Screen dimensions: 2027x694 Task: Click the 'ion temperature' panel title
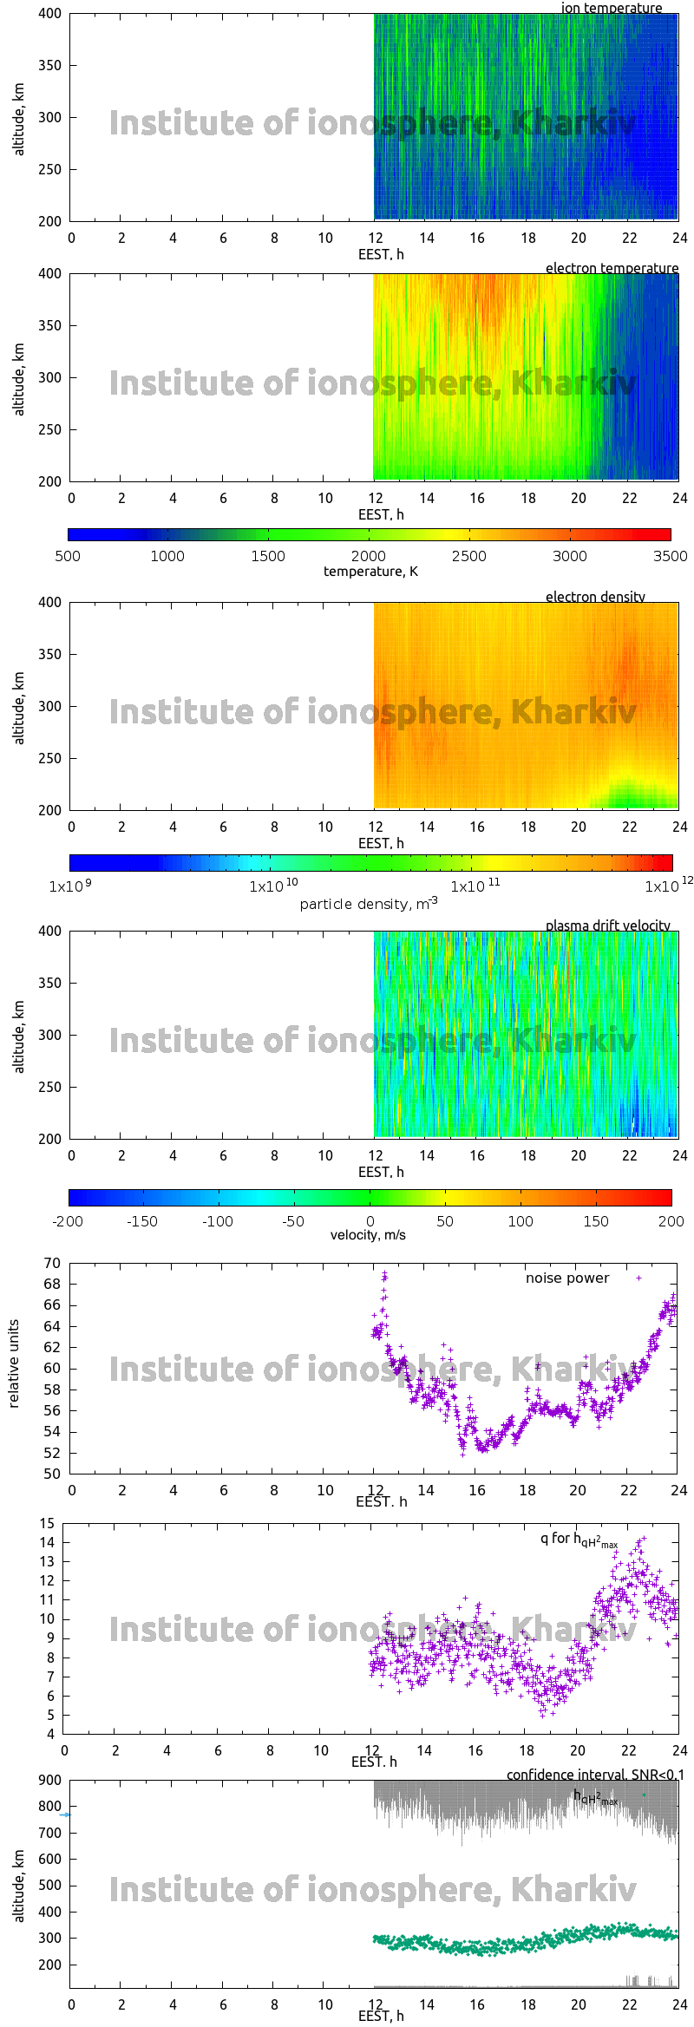(611, 8)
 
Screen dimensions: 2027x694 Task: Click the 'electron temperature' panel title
(612, 268)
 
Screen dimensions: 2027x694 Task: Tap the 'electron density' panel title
(595, 597)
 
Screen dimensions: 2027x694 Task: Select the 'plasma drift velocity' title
(607, 925)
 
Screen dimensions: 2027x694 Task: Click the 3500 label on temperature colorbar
(670, 556)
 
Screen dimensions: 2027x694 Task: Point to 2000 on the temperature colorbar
(369, 556)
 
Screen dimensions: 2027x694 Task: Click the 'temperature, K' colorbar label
(370, 572)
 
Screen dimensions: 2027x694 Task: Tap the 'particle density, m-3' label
(369, 904)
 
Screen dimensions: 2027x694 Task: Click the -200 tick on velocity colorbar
(69, 1221)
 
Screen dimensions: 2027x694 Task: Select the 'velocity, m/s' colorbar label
(368, 1235)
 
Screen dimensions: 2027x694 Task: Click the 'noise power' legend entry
(567, 1278)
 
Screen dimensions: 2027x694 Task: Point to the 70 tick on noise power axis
(52, 1263)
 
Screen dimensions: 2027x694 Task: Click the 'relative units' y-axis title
(14, 1364)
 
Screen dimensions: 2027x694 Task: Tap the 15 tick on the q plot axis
(47, 1523)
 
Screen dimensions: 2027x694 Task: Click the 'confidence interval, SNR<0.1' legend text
(595, 1775)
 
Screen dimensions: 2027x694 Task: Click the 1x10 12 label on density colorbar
(668, 886)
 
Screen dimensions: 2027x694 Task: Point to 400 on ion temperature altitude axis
(50, 14)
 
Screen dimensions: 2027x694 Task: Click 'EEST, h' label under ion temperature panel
(381, 254)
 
